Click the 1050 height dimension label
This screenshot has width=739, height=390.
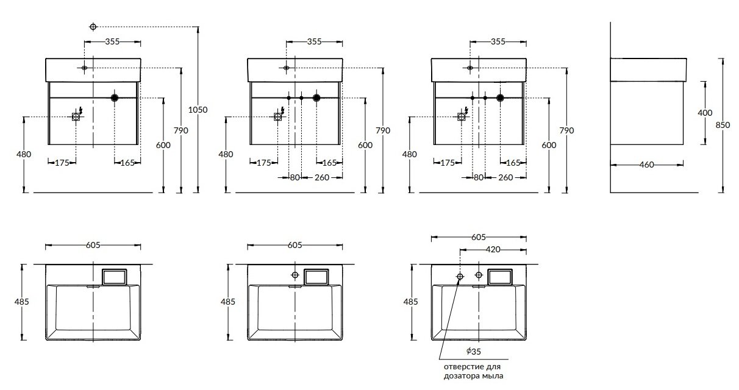click(x=198, y=110)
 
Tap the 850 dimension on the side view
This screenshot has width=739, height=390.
click(x=723, y=126)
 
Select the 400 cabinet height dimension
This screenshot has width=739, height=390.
click(x=705, y=113)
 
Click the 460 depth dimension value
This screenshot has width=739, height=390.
click(x=646, y=165)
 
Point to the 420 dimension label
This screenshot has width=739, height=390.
click(x=493, y=250)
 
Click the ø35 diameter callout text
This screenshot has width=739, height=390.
click(x=473, y=352)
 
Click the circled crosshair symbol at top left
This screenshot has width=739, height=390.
click(x=93, y=27)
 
